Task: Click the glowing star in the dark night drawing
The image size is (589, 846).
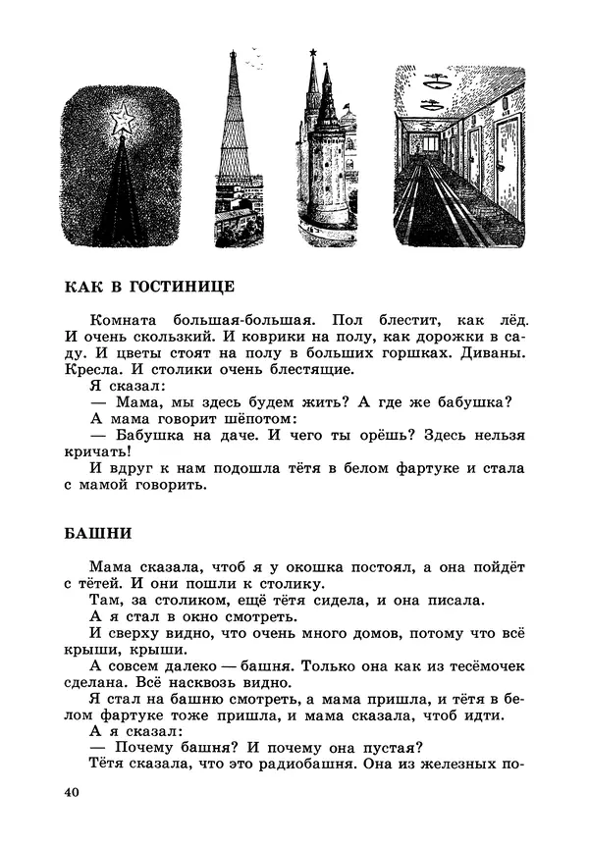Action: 124,122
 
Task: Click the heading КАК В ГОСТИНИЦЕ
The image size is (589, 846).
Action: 149,287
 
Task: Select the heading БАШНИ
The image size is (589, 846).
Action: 97,534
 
